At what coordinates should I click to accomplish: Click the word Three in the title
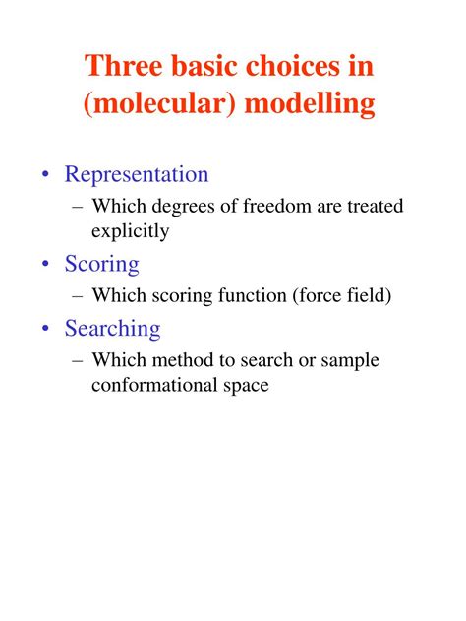pos(124,65)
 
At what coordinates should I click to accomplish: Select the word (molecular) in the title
pos(159,103)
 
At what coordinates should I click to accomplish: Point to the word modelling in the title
pos(310,103)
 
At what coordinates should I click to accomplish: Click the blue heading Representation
pos(137,174)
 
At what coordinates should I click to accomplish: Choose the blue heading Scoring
pos(101,264)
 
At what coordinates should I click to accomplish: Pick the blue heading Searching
pos(112,329)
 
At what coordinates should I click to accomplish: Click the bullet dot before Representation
pos(46,174)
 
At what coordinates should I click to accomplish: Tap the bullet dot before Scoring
pos(46,263)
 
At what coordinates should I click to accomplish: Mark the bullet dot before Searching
pos(46,328)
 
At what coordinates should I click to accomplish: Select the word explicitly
pos(130,231)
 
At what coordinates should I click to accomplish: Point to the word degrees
pos(183,207)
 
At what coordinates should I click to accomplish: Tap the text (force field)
pos(342,295)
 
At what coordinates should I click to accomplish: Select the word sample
pos(350,361)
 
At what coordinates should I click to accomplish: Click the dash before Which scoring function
pos(78,296)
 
